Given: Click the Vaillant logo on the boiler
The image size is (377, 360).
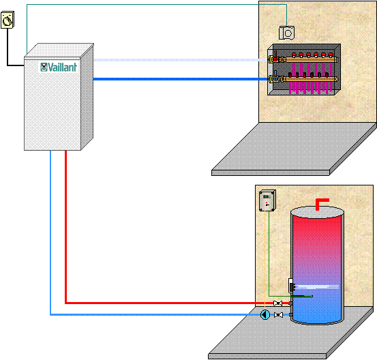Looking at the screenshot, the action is point(59,67).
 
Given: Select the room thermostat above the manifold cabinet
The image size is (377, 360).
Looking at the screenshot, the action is point(286,33).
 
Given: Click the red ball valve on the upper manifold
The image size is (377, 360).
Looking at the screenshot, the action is point(275,57).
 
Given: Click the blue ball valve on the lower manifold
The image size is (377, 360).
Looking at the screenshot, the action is point(275,76).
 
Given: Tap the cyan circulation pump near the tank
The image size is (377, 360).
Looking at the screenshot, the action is point(265,314).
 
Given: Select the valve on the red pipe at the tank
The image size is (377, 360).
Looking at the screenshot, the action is point(278,303).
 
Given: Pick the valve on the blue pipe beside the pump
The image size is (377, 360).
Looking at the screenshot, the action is point(278,314).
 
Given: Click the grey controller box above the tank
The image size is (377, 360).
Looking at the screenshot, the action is point(267,201).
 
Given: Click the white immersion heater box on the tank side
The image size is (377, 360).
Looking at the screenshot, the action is point(291,286).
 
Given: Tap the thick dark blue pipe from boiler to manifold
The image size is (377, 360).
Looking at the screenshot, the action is point(181,79).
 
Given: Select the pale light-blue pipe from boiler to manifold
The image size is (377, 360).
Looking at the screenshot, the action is point(181,60).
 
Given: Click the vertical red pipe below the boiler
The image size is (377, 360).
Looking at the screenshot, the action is point(65,226).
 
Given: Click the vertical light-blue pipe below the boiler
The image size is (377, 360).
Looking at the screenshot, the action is point(50,232).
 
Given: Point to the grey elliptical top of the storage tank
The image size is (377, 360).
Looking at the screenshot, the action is point(317,212).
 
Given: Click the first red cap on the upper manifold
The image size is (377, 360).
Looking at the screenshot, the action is point(294,55).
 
